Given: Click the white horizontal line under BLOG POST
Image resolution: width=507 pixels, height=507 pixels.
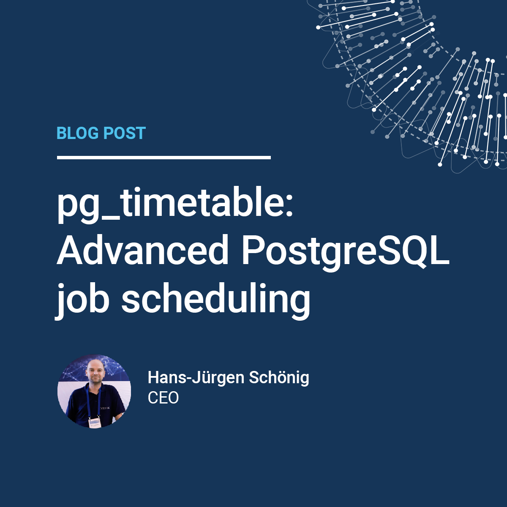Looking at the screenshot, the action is click(x=164, y=158).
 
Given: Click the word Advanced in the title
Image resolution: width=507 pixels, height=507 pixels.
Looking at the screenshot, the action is click(x=143, y=250).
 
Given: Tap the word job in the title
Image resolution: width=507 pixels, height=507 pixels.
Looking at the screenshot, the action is click(x=82, y=300).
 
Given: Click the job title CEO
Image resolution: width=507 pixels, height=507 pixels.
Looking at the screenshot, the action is click(x=163, y=398).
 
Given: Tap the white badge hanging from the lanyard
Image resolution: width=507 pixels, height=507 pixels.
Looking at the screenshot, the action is click(x=94, y=422).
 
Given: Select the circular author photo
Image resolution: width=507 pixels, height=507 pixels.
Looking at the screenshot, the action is click(x=94, y=391).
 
